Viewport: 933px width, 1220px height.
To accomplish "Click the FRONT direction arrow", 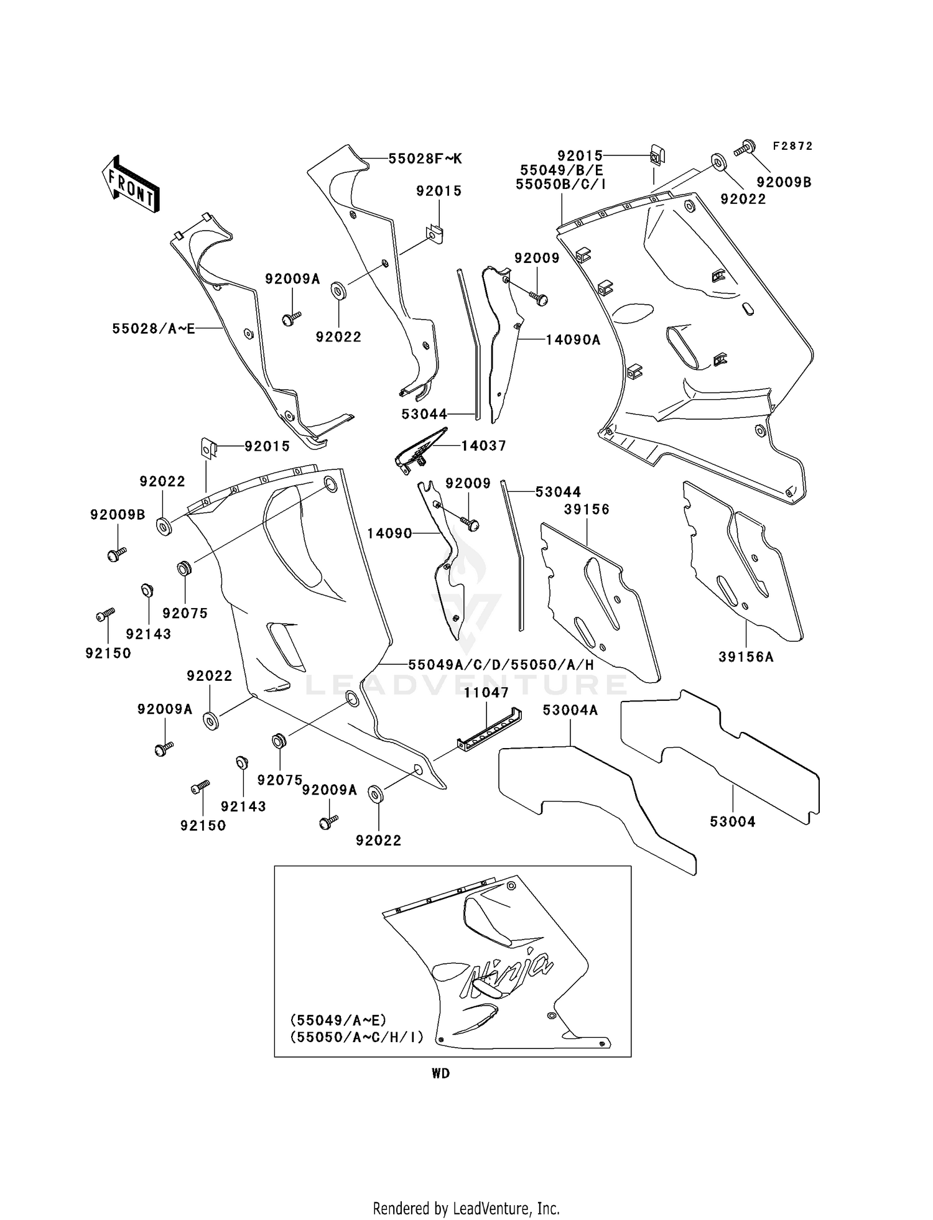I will tap(131, 184).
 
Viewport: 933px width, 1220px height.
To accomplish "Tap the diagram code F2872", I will tap(792, 146).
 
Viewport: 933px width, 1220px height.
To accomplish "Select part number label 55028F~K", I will tap(425, 159).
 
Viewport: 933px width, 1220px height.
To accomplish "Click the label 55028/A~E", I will tap(154, 328).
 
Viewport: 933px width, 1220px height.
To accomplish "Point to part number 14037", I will tap(483, 445).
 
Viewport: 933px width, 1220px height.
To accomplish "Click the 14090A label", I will tap(573, 340).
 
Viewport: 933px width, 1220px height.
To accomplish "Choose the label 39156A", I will tap(746, 657).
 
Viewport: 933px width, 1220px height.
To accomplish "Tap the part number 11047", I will tap(486, 692).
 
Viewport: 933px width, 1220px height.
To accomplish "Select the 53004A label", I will tap(570, 710).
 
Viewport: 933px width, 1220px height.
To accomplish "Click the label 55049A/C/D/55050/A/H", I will tap(501, 665).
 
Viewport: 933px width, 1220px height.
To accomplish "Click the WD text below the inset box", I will tap(440, 1073).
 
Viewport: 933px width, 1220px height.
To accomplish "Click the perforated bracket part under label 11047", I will tap(490, 729).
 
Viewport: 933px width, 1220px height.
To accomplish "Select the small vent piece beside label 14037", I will tap(420, 449).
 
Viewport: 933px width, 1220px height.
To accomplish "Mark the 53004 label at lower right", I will tap(733, 822).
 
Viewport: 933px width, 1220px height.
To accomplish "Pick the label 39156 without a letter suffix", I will tap(587, 509).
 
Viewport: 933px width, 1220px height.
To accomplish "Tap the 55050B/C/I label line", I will tap(560, 184).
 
